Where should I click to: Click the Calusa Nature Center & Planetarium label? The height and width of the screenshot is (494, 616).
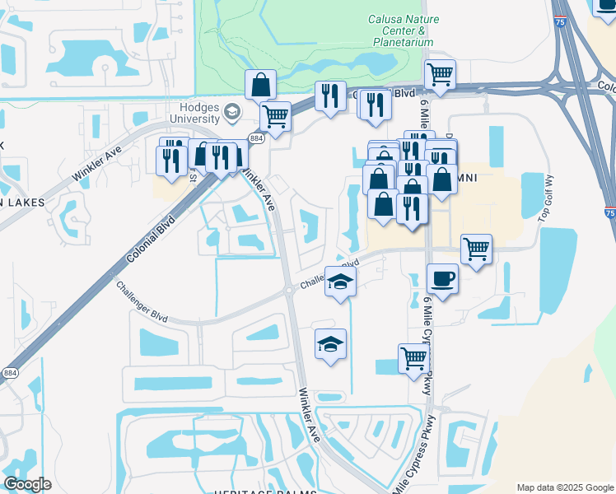pos(403,30)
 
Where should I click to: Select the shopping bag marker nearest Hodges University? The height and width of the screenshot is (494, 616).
pos(260,85)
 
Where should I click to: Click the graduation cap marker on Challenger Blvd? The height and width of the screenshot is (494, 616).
pos(340,282)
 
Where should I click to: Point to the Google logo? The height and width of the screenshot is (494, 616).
pos(27,484)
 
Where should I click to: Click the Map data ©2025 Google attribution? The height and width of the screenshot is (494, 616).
pos(564,487)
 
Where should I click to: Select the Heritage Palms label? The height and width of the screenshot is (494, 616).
pos(276,491)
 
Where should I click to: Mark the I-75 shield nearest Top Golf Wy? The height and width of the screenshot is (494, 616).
pos(608,213)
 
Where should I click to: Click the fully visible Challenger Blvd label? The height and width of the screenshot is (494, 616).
pos(142,304)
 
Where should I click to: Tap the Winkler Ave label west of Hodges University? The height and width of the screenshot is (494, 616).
pos(96,163)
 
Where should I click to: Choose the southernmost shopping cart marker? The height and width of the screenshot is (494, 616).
pos(413,357)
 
